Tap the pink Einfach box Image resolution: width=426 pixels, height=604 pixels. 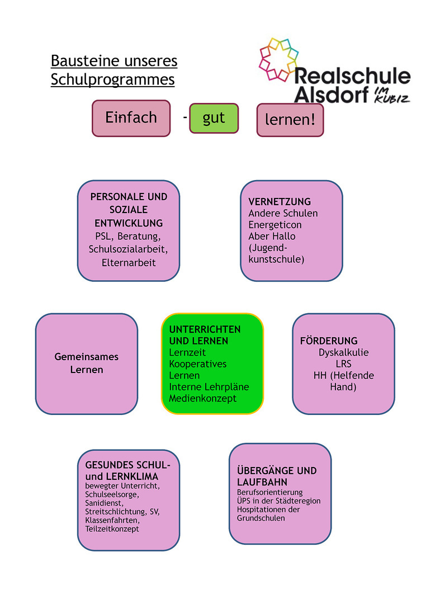click(131, 118)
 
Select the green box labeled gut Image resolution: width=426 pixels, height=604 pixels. click(214, 118)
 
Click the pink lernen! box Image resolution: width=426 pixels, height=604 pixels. click(290, 120)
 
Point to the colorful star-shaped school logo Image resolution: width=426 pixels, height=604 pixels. click(277, 58)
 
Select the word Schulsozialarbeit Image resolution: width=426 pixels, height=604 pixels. click(128, 249)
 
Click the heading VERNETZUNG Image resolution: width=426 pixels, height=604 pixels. click(280, 201)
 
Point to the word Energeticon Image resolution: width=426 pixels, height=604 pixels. click(275, 225)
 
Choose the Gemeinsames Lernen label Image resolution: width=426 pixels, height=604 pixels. click(87, 363)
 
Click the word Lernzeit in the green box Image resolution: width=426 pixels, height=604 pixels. click(187, 352)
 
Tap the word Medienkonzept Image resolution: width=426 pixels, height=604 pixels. click(203, 399)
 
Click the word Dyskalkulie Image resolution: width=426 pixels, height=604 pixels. click(344, 352)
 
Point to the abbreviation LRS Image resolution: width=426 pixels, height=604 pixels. click(343, 364)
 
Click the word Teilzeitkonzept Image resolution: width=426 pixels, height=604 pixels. click(112, 528)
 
